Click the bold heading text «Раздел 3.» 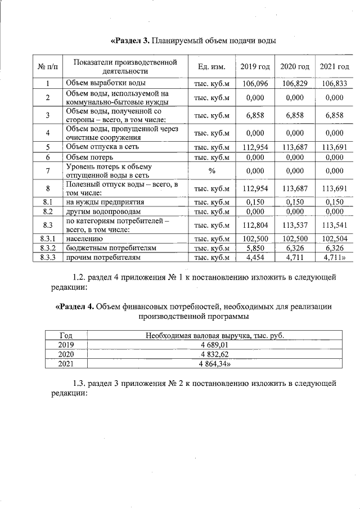tap(131, 40)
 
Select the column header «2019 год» tap(255, 67)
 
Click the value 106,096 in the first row tap(255, 83)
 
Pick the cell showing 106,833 tap(334, 83)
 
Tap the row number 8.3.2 tap(48, 247)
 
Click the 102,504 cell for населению tap(334, 238)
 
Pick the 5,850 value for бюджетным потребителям tap(255, 247)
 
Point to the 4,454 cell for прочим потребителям tap(255, 257)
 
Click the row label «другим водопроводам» tap(99, 211)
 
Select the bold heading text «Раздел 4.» tap(76, 307)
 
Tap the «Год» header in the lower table tap(66, 336)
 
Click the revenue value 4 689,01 tap(213, 345)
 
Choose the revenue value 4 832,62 tap(213, 355)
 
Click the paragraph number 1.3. tap(80, 384)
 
